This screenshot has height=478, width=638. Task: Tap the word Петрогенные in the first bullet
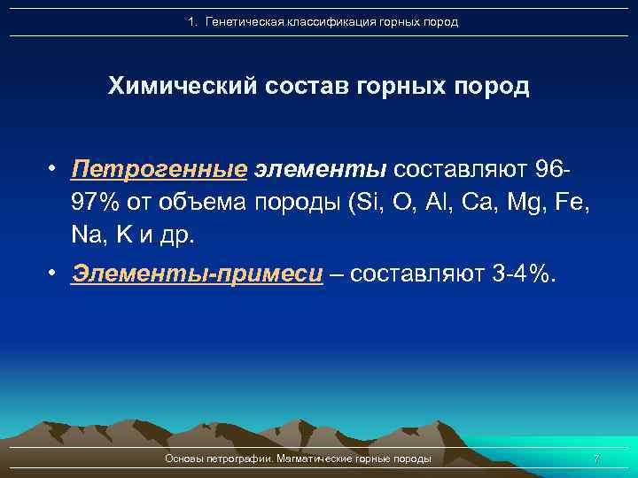159,168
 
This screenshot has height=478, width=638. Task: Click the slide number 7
595,459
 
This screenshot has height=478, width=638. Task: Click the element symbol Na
89,235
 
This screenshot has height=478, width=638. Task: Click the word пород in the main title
491,87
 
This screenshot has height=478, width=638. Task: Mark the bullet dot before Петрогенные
54,168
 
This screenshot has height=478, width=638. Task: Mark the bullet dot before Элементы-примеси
54,274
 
